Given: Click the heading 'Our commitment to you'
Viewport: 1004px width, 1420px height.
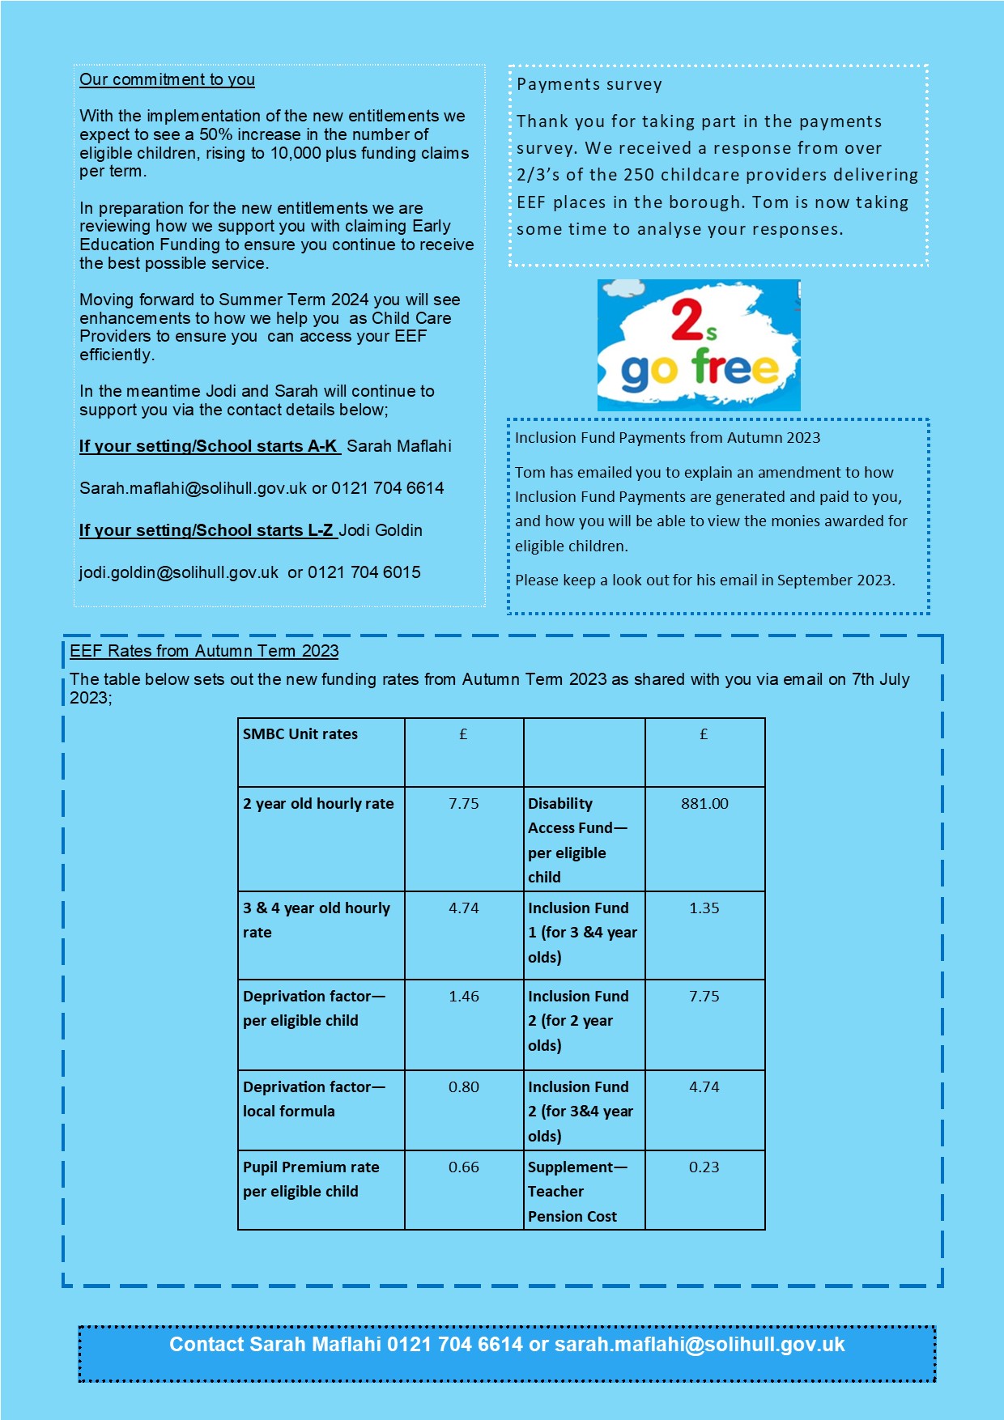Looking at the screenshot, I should [x=167, y=79].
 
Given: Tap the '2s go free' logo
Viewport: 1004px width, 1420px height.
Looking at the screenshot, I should [x=699, y=346].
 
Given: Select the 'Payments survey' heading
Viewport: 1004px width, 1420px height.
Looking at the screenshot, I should [x=589, y=84].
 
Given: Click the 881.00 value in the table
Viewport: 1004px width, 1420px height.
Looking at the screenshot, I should [x=704, y=803].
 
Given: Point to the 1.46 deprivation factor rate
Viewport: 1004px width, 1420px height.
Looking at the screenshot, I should [x=464, y=996].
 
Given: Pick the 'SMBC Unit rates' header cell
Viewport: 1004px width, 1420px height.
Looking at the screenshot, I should [x=300, y=734].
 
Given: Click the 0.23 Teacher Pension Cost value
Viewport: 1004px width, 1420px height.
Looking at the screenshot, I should [x=704, y=1167].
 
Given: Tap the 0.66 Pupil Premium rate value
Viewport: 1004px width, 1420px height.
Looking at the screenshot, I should [x=464, y=1167].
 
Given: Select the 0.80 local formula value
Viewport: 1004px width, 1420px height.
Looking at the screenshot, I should [x=464, y=1086].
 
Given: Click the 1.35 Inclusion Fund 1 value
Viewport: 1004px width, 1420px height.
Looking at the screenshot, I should [x=704, y=908].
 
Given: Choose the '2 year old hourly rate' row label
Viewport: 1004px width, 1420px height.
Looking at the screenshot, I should [x=318, y=803].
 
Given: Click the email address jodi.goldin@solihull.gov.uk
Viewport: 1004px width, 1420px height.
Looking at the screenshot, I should [x=179, y=572].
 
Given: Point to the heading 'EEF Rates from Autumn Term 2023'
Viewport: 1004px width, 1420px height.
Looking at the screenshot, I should [x=204, y=651].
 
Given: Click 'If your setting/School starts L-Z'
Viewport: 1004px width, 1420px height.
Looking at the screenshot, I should [x=206, y=530].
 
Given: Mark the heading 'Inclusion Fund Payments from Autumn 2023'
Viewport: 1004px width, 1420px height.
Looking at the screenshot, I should [x=667, y=438].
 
